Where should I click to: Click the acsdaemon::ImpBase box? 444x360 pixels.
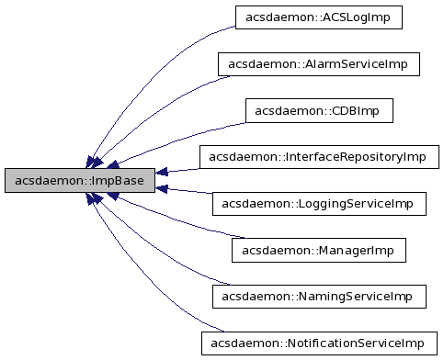tap(78, 181)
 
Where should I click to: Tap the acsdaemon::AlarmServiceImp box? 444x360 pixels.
tap(319, 64)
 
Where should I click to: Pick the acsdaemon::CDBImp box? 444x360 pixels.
tap(319, 111)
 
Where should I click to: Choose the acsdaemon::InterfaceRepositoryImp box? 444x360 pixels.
tap(319, 157)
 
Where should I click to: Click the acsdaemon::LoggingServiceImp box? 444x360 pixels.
tap(319, 204)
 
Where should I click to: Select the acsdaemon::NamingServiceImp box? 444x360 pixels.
tap(319, 297)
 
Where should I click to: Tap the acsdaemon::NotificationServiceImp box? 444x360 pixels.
tap(319, 343)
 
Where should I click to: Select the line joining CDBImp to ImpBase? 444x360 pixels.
tap(184, 129)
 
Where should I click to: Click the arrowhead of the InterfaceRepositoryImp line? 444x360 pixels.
tap(161, 172)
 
